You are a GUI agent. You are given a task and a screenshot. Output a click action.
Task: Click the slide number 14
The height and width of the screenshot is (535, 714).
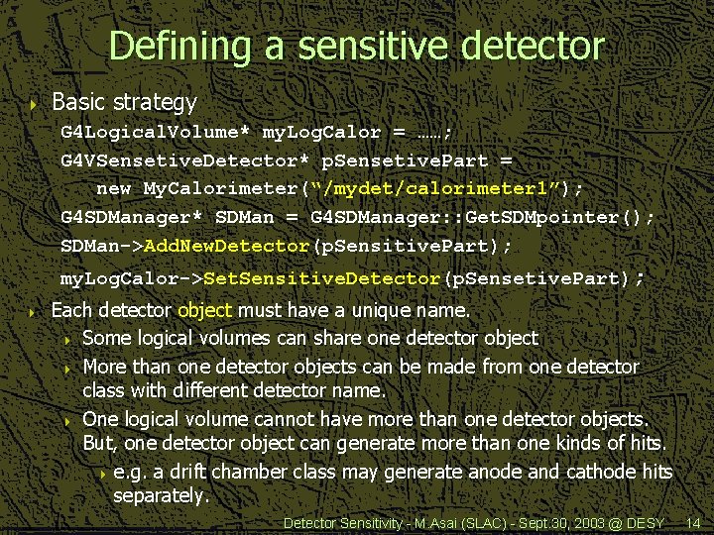pos(693,522)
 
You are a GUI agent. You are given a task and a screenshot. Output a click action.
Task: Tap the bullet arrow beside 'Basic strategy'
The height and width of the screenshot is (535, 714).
pos(34,103)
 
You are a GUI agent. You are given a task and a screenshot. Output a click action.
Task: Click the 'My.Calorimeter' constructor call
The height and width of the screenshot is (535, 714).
pos(217,188)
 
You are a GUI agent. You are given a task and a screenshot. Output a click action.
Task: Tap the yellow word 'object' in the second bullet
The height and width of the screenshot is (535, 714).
pos(204,310)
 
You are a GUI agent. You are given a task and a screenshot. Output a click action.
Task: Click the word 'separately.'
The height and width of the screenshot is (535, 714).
pos(161,495)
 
